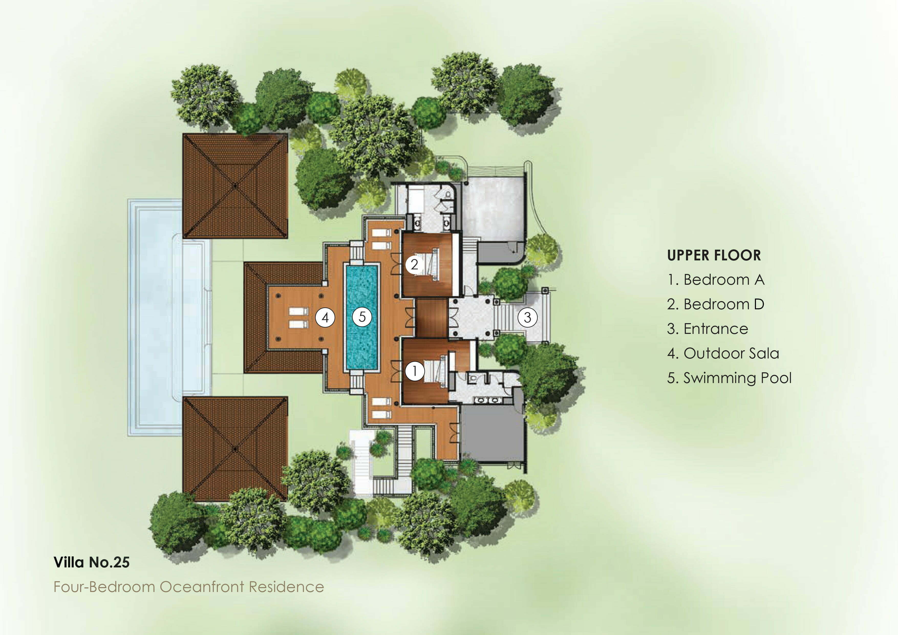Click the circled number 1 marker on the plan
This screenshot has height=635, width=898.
coord(415,371)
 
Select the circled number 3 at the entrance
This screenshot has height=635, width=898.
coord(527,317)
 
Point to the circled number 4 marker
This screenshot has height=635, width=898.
coord(325,317)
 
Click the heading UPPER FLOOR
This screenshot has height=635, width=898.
coord(714,256)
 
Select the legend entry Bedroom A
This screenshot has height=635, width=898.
coord(716,280)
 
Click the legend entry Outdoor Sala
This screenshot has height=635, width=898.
coord(723,354)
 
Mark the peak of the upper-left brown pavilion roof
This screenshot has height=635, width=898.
coord(235,185)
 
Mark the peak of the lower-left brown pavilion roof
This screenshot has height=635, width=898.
coord(235,449)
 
